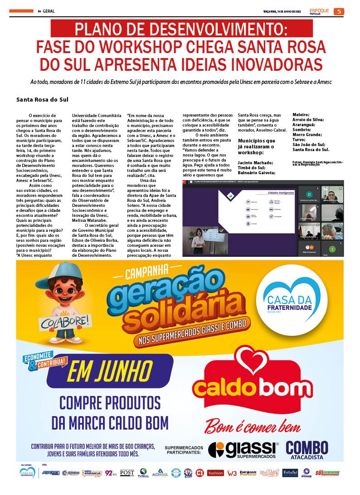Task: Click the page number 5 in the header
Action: pyautogui.click(x=339, y=11)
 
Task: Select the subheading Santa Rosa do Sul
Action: pyautogui.click(x=42, y=99)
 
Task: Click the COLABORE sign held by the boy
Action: pyautogui.click(x=58, y=323)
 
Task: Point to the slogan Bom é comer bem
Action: pyautogui.click(x=252, y=427)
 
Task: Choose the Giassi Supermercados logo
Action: pyautogui.click(x=243, y=449)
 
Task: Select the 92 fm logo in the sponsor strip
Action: pyautogui.click(x=111, y=472)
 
